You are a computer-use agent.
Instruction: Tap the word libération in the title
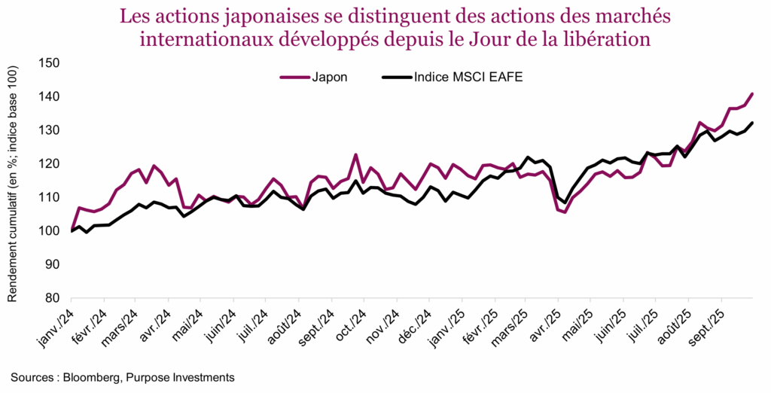(x=606, y=38)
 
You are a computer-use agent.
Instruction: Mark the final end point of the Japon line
(x=752, y=94)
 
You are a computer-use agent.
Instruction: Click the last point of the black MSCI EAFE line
(x=752, y=123)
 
